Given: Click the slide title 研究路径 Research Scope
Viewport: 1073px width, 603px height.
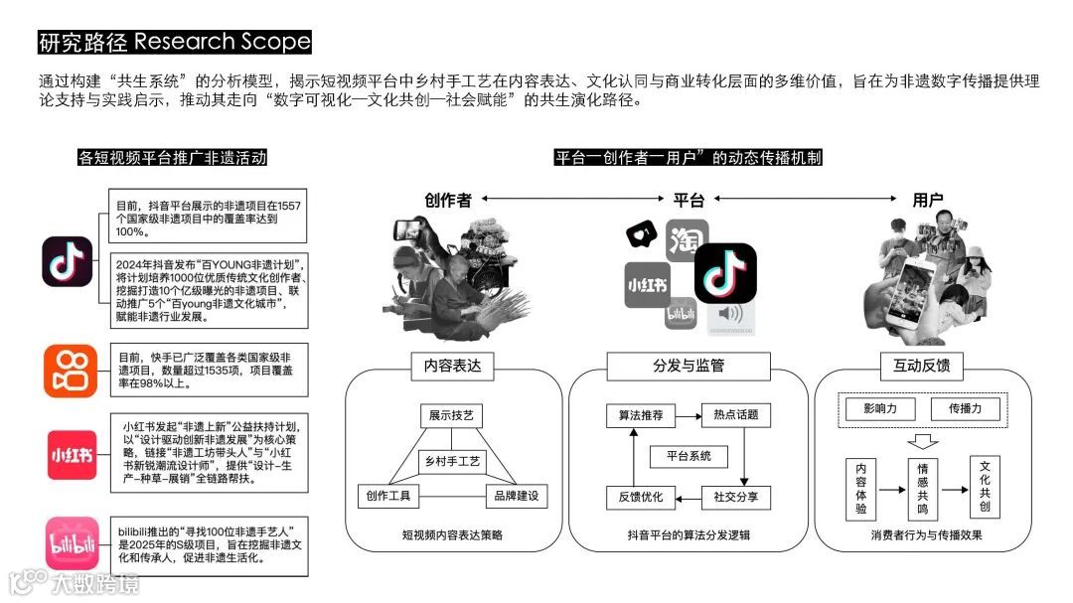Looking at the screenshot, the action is (x=175, y=42).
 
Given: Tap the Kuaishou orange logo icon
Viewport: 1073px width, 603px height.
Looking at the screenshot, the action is (x=71, y=371).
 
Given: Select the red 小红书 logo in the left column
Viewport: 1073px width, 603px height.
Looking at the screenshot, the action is (x=71, y=454).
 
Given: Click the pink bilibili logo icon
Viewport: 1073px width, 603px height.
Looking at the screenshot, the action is (x=71, y=543).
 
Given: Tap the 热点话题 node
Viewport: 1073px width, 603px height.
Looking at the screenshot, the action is (x=736, y=415).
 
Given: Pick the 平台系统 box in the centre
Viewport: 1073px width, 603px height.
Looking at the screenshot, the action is (x=689, y=456).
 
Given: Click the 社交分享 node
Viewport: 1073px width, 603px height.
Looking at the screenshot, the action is (x=736, y=496).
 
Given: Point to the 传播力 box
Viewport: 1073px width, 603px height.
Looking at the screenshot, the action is (x=965, y=408).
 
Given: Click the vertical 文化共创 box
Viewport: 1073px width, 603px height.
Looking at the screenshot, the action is (x=985, y=488).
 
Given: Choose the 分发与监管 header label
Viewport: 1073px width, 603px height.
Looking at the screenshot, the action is (x=689, y=366).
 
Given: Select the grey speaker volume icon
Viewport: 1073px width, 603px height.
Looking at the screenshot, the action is (x=730, y=315).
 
